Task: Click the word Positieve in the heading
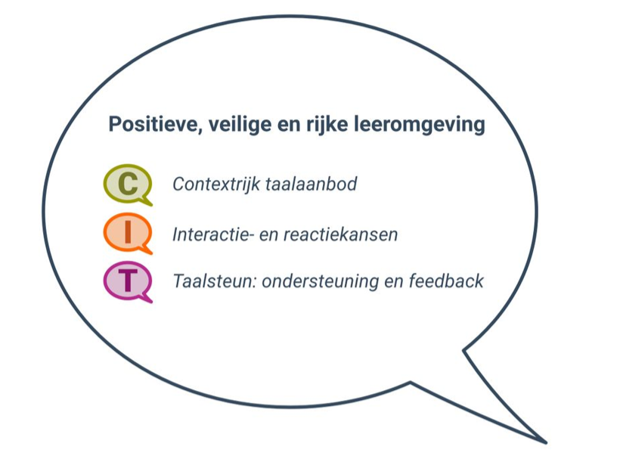point(155,125)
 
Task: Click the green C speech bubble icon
point(128,184)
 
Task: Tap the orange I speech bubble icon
point(128,234)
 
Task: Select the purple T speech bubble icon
point(128,282)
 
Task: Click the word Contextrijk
point(216,184)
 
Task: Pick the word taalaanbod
point(312,184)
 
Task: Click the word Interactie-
point(213,234)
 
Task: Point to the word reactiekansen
point(340,234)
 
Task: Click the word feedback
point(446,281)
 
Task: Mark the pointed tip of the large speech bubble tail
point(546,442)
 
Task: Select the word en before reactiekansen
point(269,236)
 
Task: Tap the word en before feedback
point(394,283)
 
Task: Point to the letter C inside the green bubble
point(128,184)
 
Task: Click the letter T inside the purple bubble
point(128,281)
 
